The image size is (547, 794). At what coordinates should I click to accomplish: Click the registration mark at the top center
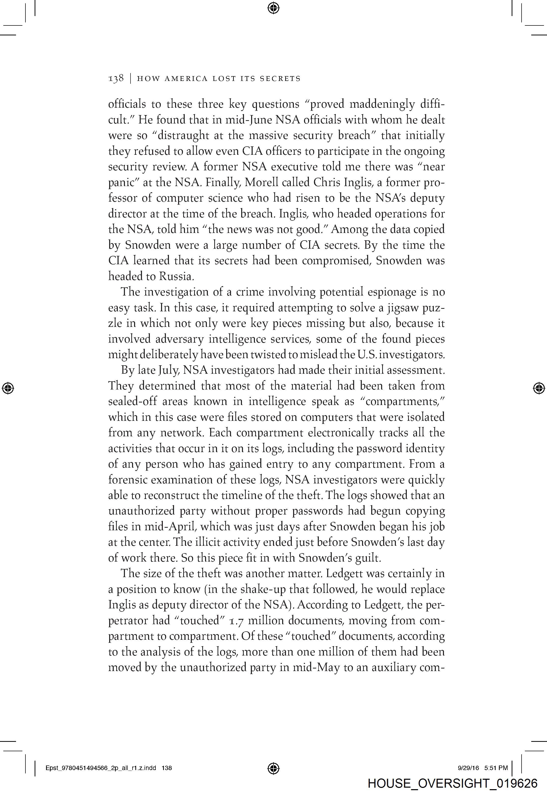click(273, 8)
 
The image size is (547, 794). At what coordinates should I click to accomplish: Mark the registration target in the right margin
click(539, 388)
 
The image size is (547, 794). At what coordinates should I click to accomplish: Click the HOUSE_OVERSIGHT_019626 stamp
click(452, 783)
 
